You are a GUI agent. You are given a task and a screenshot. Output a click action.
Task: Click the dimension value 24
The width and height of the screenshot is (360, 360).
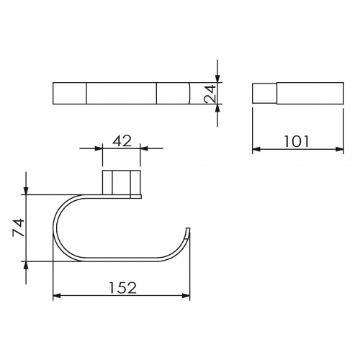210,94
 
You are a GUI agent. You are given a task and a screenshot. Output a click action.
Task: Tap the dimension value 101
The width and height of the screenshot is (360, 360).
297,141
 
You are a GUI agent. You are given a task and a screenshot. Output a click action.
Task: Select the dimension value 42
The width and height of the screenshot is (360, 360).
122,141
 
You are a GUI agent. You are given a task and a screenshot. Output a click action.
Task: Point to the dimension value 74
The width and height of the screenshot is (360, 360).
19,228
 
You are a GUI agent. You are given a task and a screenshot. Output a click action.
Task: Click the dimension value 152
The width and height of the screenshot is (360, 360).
122,288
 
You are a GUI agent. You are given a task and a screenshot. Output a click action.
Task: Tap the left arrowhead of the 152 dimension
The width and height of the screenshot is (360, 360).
56,296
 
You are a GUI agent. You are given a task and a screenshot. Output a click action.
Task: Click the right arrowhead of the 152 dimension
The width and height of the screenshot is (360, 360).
186,296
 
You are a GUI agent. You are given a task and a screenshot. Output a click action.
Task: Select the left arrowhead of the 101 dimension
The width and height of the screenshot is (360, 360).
256,149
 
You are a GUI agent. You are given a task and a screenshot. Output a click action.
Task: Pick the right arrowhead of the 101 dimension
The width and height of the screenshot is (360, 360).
340,149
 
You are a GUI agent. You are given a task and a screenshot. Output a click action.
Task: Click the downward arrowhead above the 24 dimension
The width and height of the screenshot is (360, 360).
217,78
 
